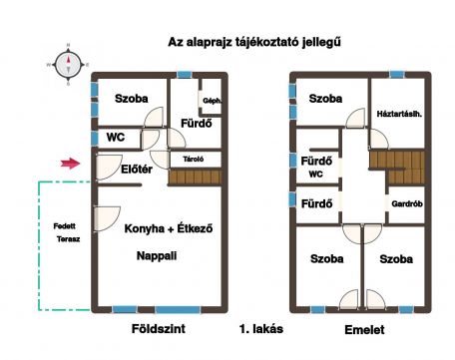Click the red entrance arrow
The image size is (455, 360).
click(x=71, y=164)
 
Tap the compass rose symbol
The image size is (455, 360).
click(x=68, y=65)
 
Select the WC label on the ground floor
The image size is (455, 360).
click(x=116, y=137)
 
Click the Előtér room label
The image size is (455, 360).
click(x=137, y=170)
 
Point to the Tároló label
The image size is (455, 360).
click(x=194, y=160)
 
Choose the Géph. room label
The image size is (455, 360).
click(x=213, y=101)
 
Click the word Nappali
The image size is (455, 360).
click(x=157, y=256)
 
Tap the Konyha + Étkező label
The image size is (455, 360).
click(x=169, y=228)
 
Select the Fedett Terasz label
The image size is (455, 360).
click(x=67, y=232)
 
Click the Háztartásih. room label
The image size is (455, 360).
click(x=399, y=114)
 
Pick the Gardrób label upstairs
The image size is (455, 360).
click(x=407, y=203)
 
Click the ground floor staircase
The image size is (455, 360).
click(x=195, y=177)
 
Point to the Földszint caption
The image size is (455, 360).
click(x=159, y=329)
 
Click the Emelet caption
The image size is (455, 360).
click(x=364, y=330)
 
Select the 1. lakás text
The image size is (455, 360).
click(x=261, y=329)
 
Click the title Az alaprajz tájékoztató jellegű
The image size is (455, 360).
click(x=254, y=42)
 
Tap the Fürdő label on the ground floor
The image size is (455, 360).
click(x=197, y=124)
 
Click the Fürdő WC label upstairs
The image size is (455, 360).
click(x=316, y=167)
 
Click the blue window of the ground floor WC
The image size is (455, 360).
click(x=95, y=139)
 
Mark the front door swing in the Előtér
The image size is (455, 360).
click(x=108, y=168)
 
